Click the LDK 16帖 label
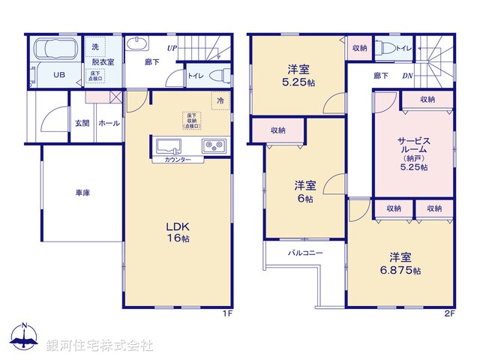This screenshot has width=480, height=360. [x=178, y=231]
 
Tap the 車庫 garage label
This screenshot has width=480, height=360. [x=82, y=193]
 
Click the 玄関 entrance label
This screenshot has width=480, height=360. [x=82, y=124]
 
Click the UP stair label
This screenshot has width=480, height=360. [x=172, y=49]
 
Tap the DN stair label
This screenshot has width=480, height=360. [x=408, y=76]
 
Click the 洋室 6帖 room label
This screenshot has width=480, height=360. [x=304, y=191]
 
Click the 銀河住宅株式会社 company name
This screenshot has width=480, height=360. [x=100, y=346]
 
